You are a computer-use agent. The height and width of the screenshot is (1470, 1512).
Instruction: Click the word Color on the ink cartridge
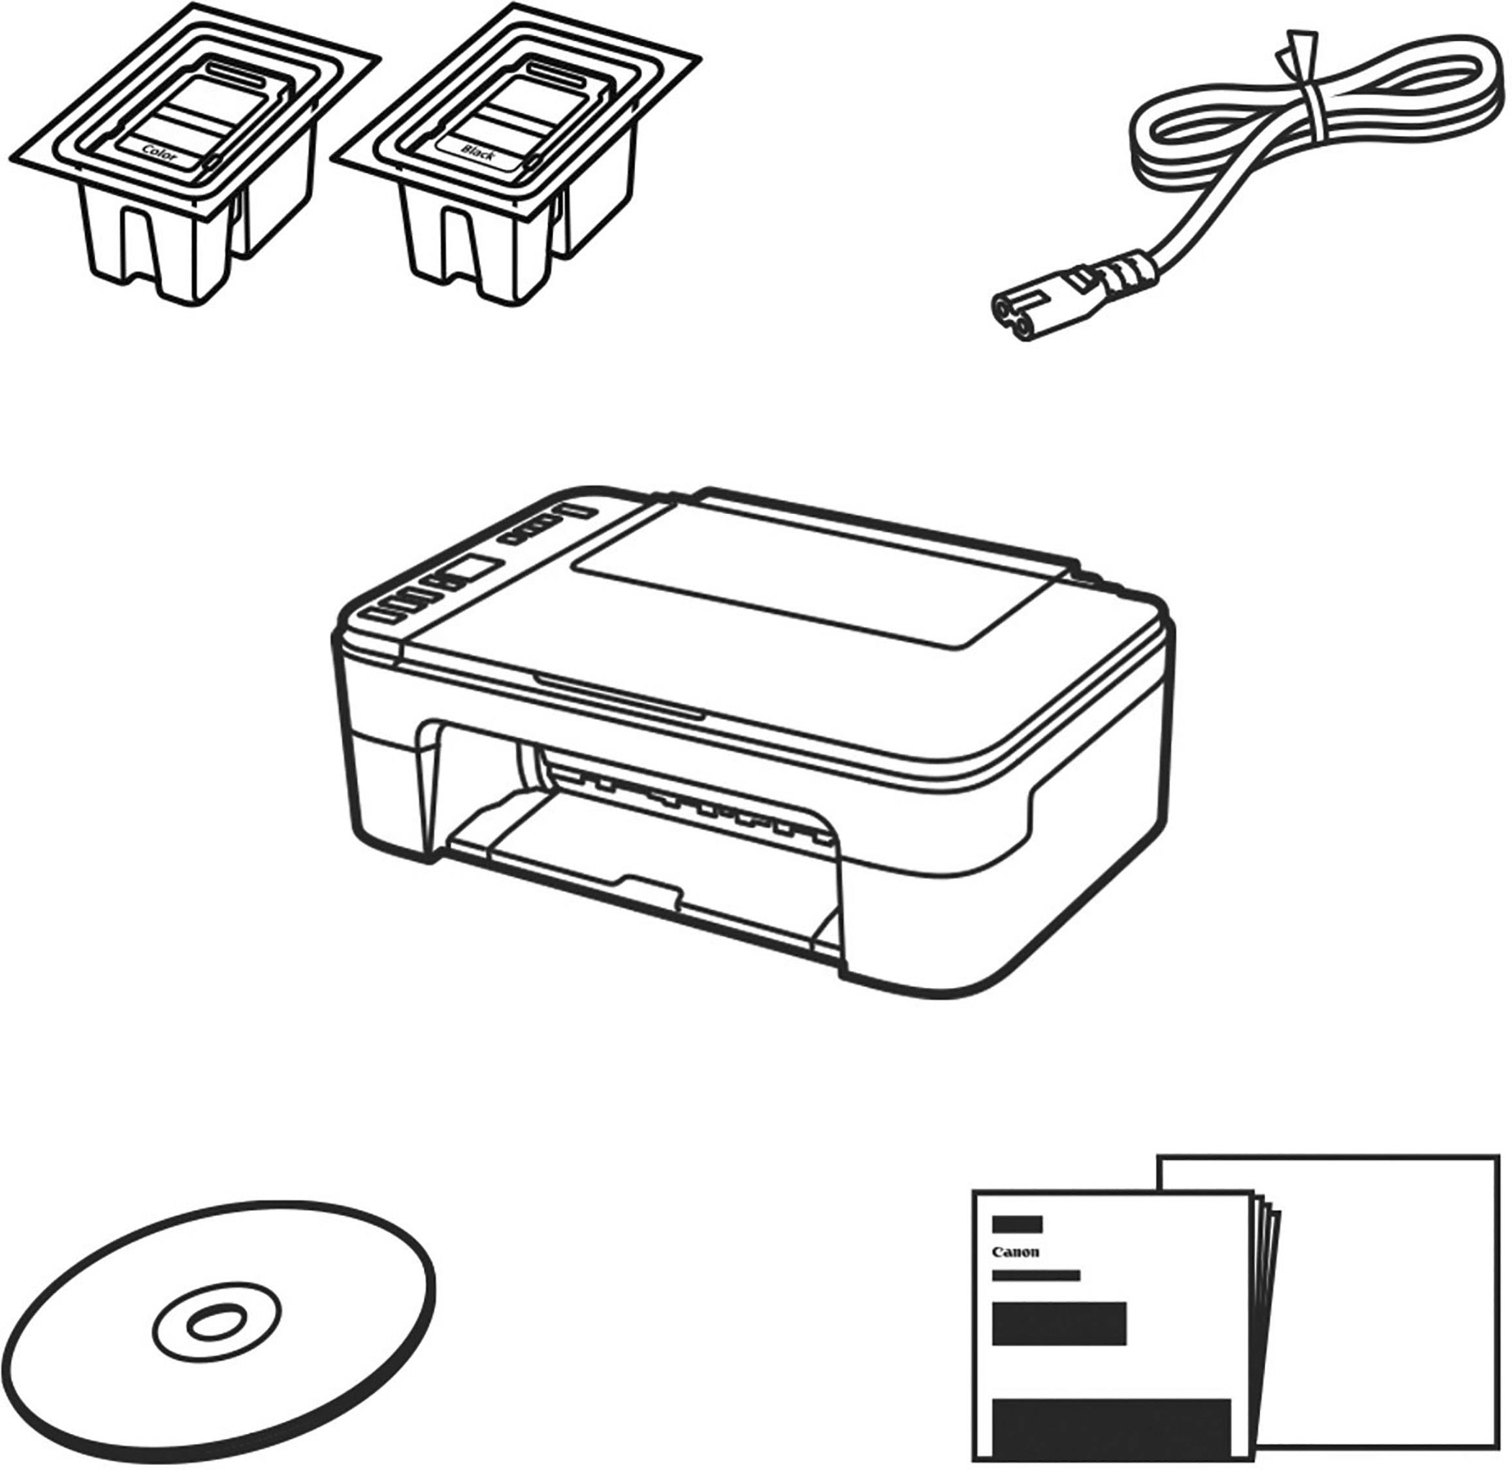tap(160, 154)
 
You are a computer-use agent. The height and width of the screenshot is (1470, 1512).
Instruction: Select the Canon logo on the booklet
tap(1016, 1253)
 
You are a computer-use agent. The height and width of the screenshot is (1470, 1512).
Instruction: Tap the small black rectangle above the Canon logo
tap(1017, 1224)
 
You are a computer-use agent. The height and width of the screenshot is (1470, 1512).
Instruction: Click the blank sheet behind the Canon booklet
tap(1390, 1236)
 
